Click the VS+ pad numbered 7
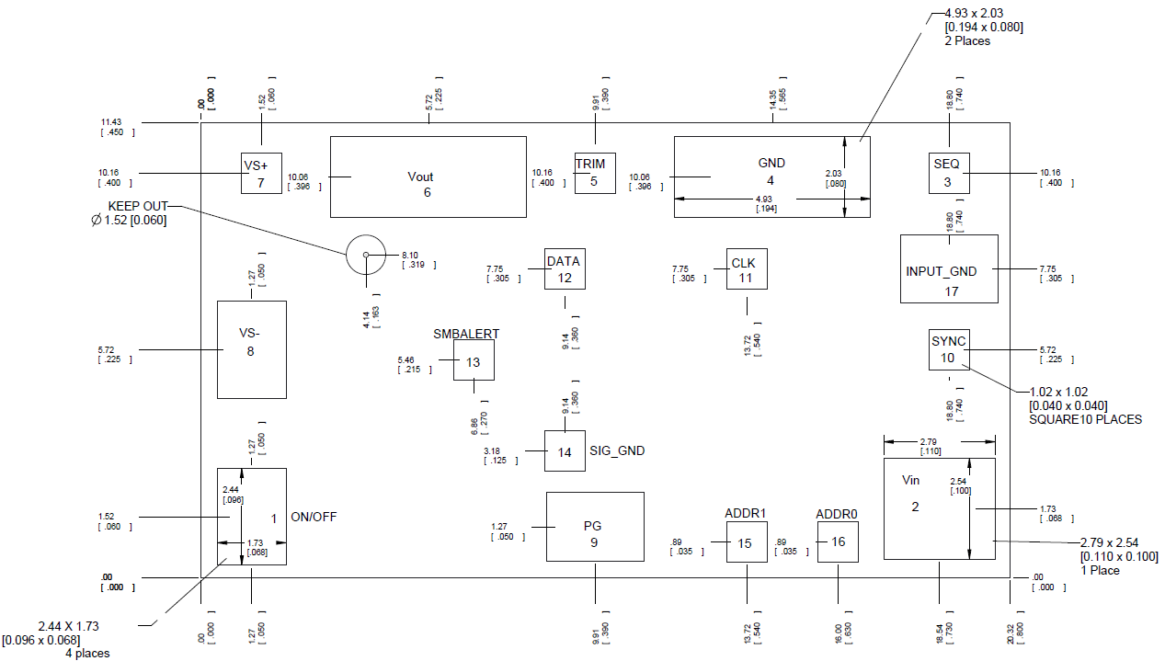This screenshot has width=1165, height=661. tap(261, 173)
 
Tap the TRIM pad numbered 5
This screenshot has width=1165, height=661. tap(594, 173)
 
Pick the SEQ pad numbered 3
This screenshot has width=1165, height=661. tap(947, 172)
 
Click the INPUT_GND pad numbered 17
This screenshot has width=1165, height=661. tap(949, 268)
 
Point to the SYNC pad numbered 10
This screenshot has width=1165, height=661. tap(948, 349)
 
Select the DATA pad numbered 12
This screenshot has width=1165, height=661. tap(564, 268)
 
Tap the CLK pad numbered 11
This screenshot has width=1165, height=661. tap(746, 268)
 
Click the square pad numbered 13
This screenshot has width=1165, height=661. tap(474, 360)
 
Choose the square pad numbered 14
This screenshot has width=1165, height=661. tap(565, 451)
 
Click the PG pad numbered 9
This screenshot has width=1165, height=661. tap(595, 527)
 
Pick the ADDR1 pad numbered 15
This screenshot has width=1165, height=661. tap(746, 542)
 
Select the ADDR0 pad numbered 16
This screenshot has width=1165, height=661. tap(838, 541)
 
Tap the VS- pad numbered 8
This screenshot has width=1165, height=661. tap(251, 349)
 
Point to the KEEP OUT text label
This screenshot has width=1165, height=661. tap(138, 206)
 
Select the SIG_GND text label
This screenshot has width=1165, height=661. tap(617, 451)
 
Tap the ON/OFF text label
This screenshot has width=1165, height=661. tap(314, 517)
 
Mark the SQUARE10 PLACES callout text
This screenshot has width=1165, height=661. tap(1085, 419)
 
